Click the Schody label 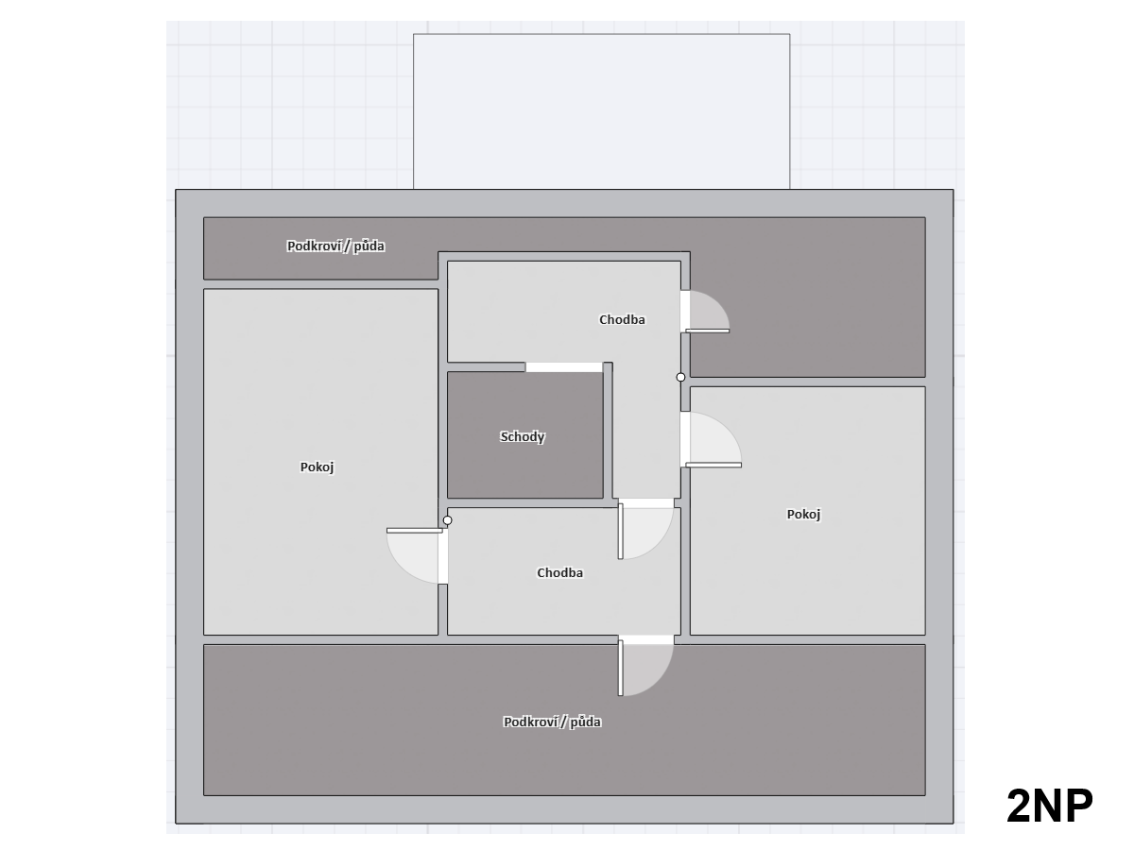point(522,436)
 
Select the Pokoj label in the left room point(317,467)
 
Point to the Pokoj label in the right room point(803,514)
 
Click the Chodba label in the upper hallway point(622,319)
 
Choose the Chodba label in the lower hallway point(560,572)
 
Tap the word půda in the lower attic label point(585,722)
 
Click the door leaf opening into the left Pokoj point(414,531)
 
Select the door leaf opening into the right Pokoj point(713,465)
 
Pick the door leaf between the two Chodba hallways point(621,531)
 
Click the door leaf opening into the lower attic point(621,668)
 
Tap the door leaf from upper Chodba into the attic point(707,331)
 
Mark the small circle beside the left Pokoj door point(447,520)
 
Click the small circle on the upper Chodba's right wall point(681,377)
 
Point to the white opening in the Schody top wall point(564,367)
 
